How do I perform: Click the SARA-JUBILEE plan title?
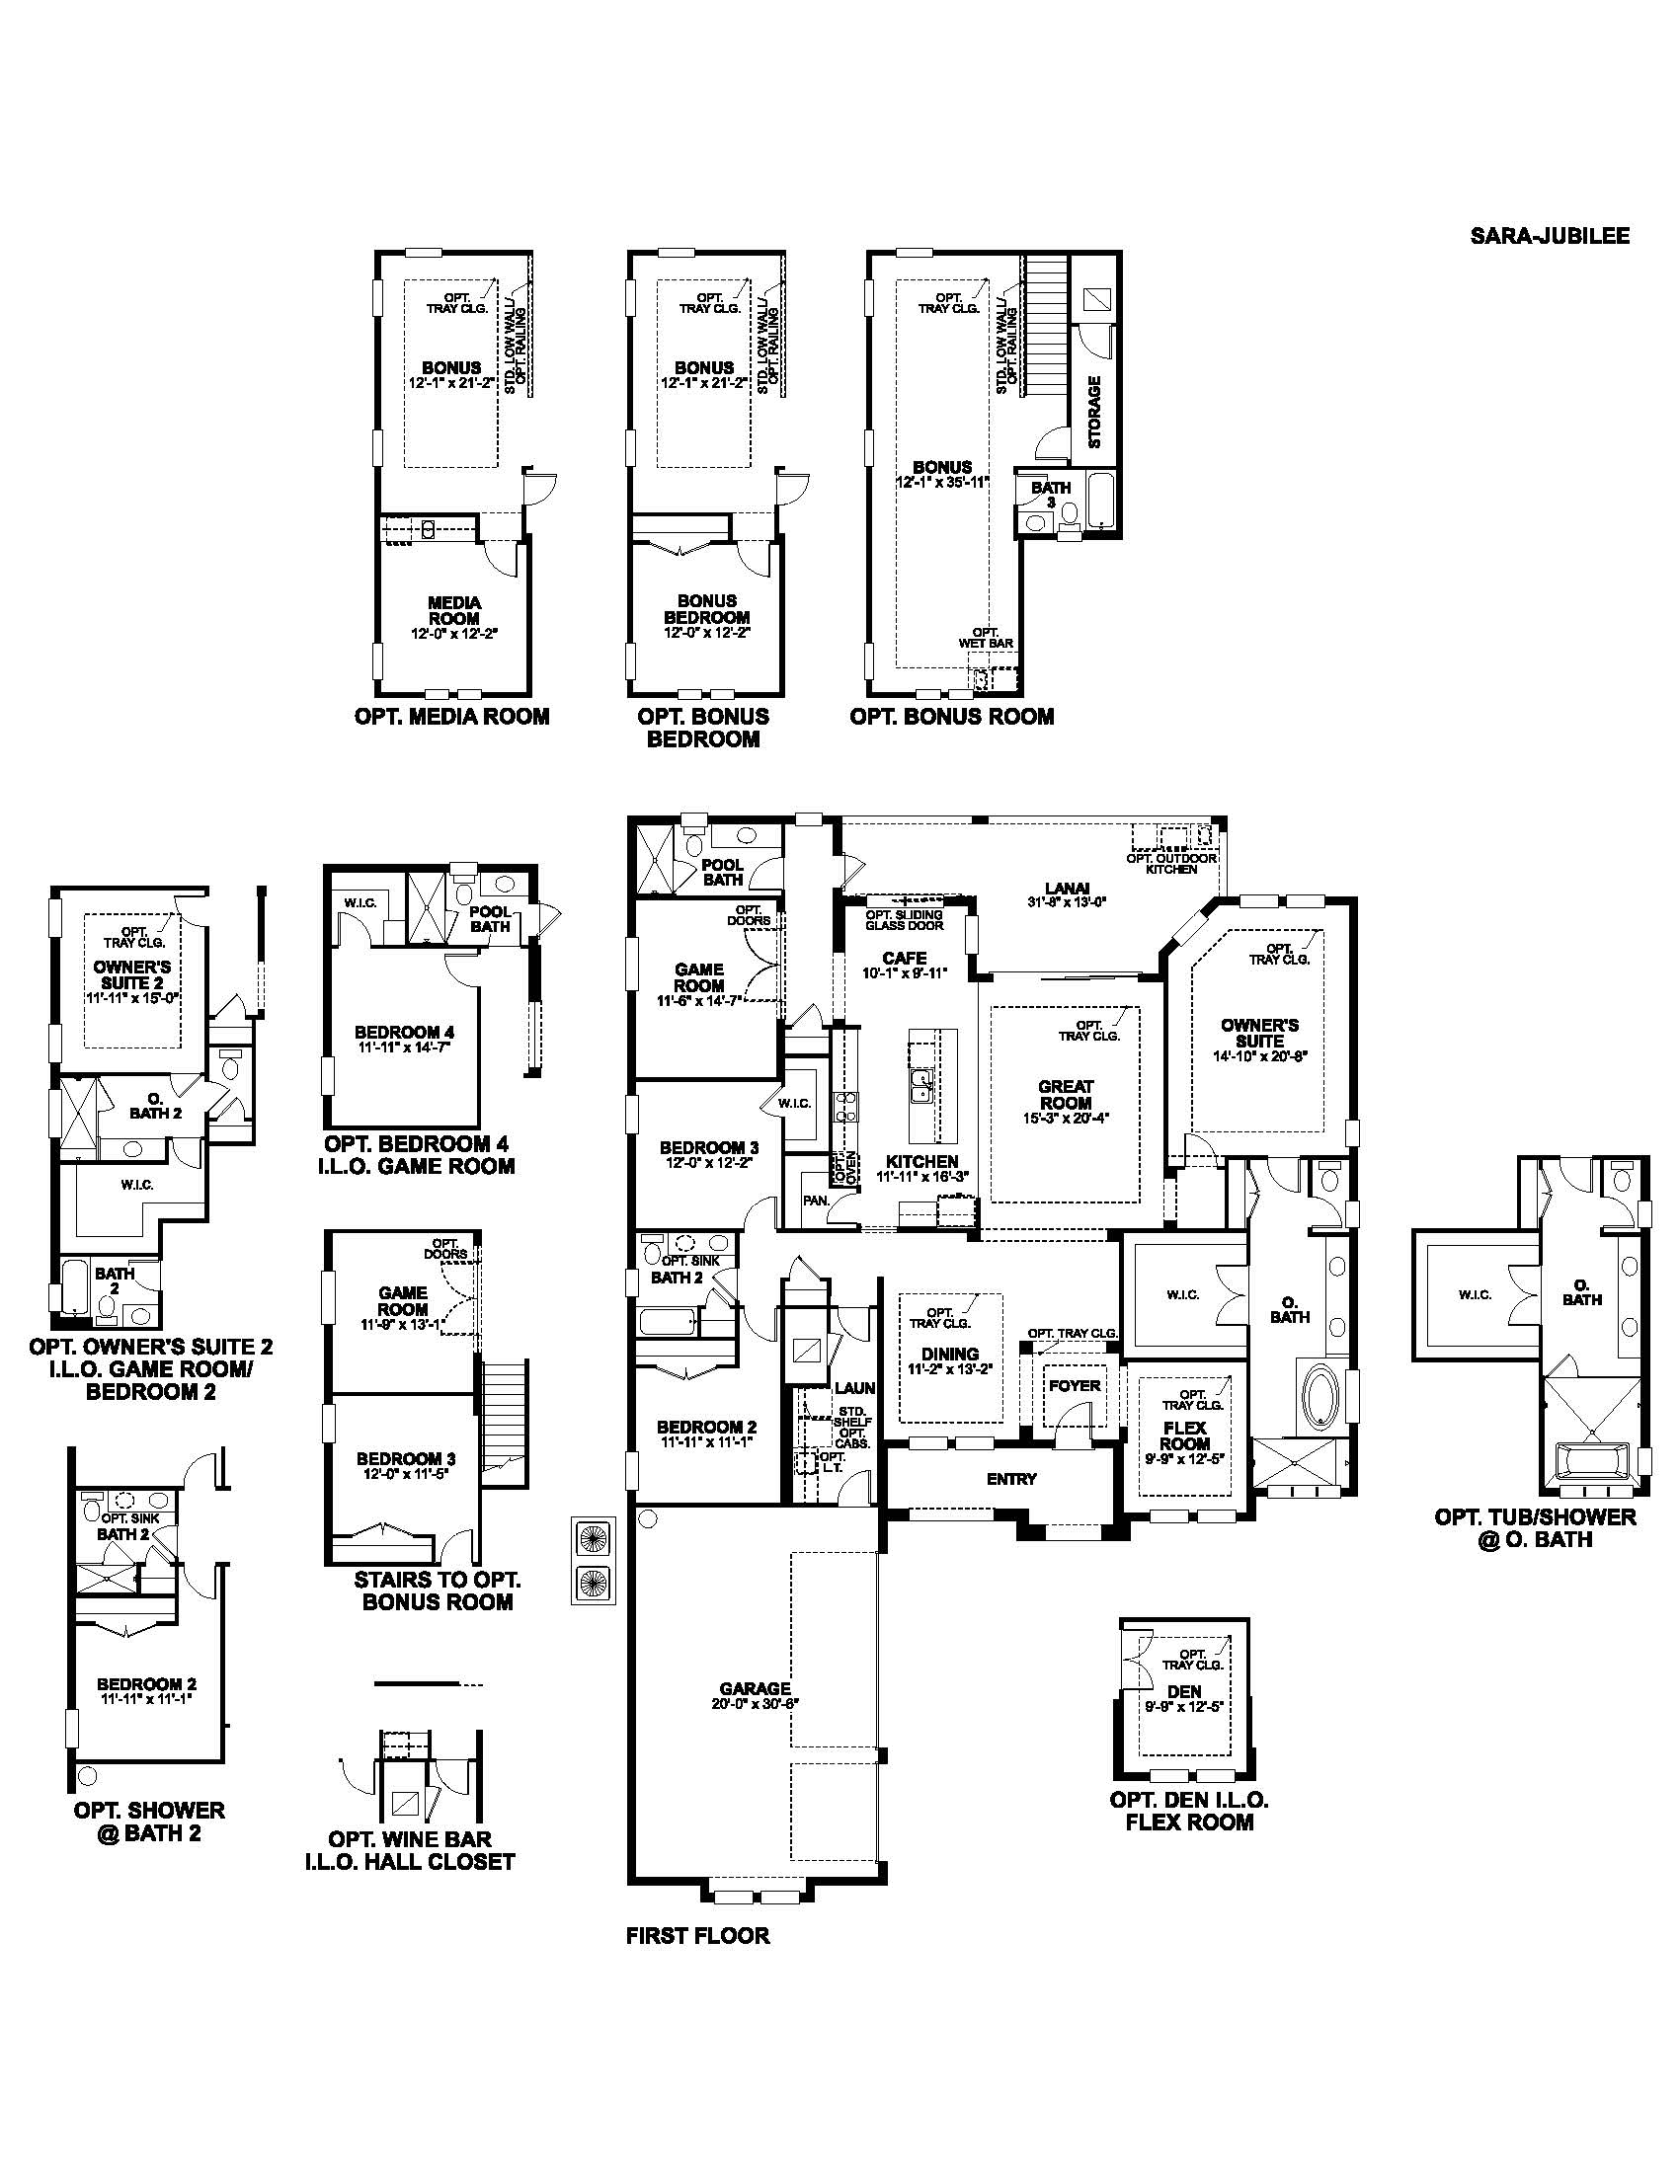[1549, 237]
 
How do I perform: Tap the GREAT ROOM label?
[1065, 1095]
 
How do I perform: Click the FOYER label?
[1075, 1385]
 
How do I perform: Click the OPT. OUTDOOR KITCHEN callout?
[1170, 863]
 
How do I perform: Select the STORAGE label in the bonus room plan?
[1094, 411]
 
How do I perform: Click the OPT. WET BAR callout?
[985, 638]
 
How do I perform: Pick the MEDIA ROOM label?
[454, 609]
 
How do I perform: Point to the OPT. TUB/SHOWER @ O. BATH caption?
[1535, 1527]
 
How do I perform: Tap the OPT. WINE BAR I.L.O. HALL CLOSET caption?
[410, 1851]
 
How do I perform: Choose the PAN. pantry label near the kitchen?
[816, 1201]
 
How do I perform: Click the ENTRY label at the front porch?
[1011, 1479]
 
